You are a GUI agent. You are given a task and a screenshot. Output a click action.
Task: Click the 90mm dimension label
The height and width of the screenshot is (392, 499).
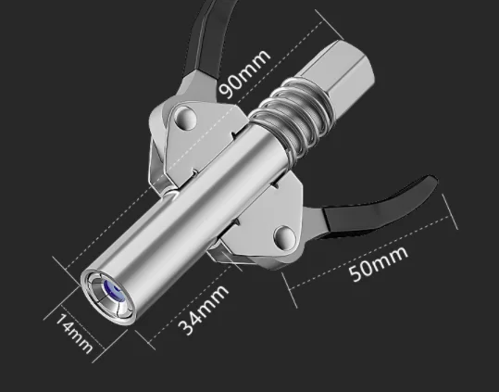pyautogui.click(x=244, y=74)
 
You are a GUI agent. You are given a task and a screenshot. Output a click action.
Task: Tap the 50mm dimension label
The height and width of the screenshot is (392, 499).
pyautogui.click(x=378, y=263)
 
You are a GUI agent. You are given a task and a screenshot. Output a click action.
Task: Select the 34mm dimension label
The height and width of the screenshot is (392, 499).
pyautogui.click(x=203, y=310)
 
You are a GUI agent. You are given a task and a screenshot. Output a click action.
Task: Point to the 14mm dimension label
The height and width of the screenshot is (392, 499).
pyautogui.click(x=74, y=334)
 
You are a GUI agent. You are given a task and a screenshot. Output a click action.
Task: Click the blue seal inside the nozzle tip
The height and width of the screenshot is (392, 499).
pyautogui.click(x=114, y=291)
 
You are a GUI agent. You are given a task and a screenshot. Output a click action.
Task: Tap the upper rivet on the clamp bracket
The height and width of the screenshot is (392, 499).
pyautogui.click(x=183, y=118)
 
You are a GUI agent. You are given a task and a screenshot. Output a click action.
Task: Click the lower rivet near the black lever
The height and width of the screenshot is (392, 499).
pyautogui.click(x=284, y=237)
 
